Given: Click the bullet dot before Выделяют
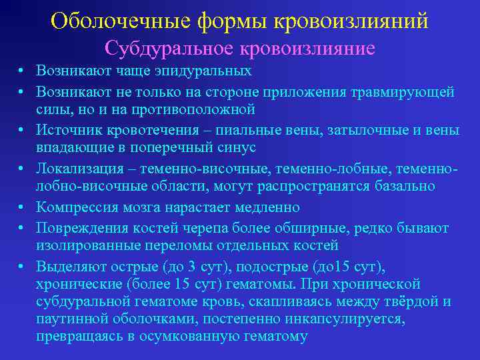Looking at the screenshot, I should click(x=22, y=267).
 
